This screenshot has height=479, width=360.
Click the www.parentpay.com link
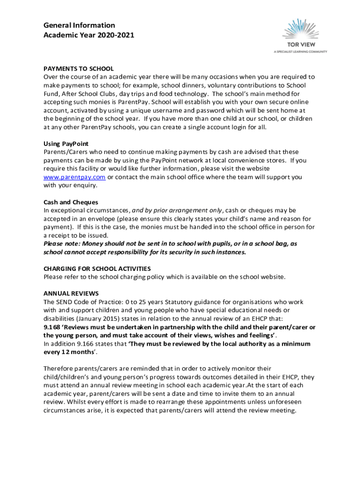74,177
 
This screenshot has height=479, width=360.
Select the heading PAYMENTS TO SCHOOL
79,69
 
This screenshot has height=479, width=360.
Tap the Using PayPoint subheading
66,144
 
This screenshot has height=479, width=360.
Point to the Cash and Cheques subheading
71,202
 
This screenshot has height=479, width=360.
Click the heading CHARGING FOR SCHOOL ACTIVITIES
97,269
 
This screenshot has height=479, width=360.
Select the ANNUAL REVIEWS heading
71,294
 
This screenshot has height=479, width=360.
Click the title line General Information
79,25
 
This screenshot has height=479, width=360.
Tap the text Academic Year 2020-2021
89,35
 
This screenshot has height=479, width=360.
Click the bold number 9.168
52,327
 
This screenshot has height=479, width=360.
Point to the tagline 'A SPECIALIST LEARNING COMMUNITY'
300,52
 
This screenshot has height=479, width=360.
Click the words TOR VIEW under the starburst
300,45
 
